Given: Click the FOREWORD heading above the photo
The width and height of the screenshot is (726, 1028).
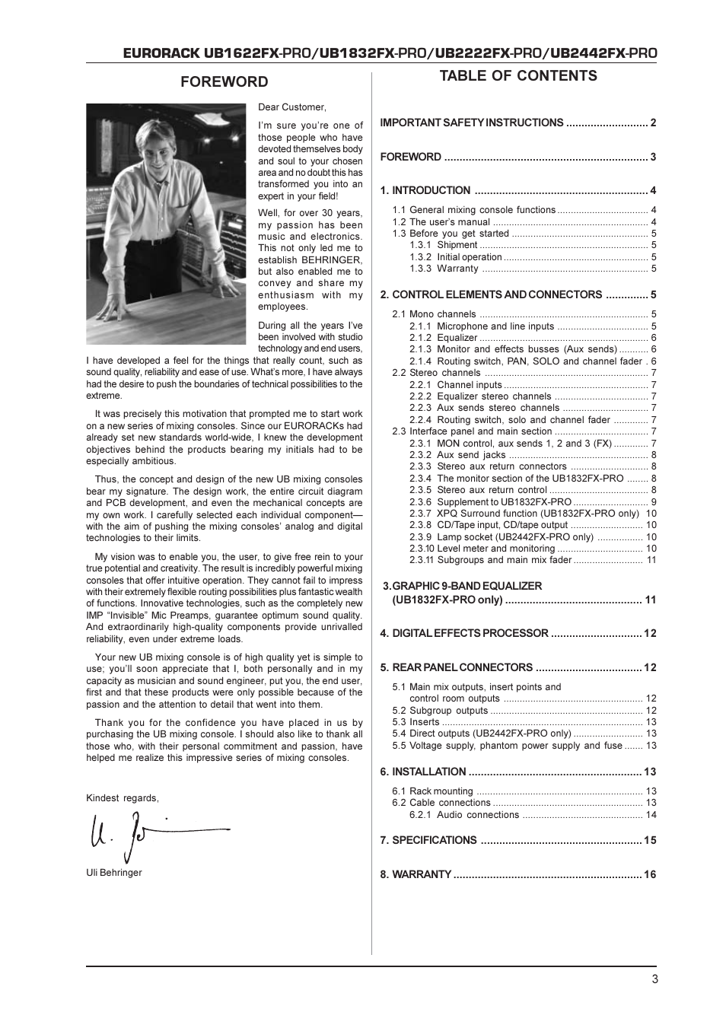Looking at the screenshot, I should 224,82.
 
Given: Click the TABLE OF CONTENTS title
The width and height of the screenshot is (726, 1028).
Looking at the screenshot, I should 518,75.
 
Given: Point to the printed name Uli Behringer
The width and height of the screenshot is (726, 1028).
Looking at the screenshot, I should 114,873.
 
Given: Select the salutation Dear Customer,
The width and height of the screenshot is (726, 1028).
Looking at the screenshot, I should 292,107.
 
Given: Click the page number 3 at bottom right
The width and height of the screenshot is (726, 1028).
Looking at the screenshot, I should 654,979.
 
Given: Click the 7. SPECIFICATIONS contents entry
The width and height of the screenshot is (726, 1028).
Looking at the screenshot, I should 428,840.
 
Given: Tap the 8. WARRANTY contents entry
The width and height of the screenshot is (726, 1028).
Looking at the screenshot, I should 416,874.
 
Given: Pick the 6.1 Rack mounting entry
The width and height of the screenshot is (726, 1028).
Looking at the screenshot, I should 432,791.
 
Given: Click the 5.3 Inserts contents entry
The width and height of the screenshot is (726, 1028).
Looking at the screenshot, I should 416,722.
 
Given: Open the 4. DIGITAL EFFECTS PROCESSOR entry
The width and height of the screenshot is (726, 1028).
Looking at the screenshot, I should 464,633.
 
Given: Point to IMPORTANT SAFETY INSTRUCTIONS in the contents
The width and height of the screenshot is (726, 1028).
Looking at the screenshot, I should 472,123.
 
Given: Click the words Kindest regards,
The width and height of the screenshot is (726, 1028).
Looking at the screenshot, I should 123,798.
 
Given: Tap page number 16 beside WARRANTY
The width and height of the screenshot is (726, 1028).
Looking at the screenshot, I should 650,874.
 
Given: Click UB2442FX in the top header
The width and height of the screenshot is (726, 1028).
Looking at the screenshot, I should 587,53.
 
